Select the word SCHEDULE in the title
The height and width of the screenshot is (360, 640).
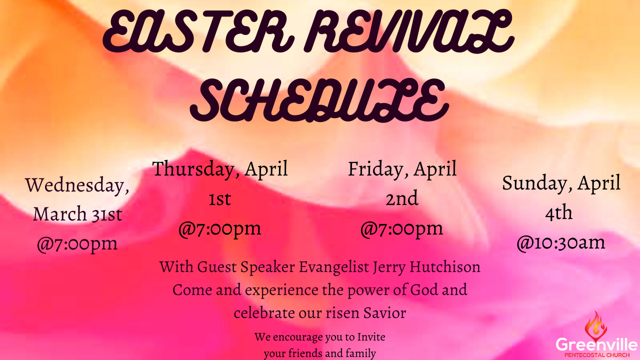319,100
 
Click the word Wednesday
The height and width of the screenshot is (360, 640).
77,185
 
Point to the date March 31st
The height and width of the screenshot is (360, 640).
77,214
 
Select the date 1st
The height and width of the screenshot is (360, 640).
219,199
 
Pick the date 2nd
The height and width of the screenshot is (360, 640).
401,198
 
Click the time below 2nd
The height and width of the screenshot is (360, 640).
401,229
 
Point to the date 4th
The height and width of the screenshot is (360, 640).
559,213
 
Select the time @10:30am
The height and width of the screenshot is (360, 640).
561,243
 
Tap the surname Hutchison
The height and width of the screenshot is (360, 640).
445,267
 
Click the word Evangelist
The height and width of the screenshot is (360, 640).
334,267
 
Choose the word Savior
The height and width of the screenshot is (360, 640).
384,312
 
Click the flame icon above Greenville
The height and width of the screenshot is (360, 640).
595,326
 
